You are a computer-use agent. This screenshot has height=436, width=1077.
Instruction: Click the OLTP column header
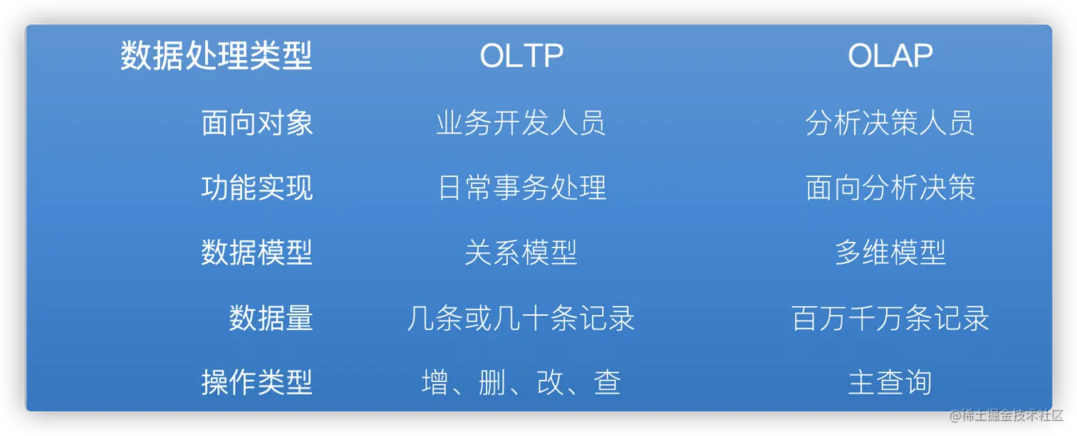click(521, 55)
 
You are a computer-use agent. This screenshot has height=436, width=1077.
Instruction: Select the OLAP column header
click(890, 55)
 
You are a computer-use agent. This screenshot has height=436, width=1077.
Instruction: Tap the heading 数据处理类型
click(217, 55)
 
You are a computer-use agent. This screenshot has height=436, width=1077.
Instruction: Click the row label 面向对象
click(257, 123)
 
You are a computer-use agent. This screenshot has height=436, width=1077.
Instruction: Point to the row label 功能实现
click(257, 187)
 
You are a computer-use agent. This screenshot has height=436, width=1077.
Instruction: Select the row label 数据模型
click(257, 252)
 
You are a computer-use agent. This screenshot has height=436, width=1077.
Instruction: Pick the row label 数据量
click(271, 317)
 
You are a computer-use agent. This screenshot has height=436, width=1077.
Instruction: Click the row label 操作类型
click(257, 382)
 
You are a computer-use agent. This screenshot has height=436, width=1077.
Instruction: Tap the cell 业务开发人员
click(521, 123)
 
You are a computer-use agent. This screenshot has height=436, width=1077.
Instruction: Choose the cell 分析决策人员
click(890, 123)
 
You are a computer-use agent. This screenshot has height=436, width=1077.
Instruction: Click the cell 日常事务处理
click(521, 187)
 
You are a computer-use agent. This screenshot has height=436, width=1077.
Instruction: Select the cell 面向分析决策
click(890, 187)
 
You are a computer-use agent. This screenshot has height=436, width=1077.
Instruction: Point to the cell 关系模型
click(521, 252)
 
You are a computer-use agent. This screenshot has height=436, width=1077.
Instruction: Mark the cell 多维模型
click(890, 252)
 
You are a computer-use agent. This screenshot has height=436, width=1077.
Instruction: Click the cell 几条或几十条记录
click(521, 317)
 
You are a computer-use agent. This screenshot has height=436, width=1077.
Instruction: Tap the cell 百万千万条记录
click(890, 317)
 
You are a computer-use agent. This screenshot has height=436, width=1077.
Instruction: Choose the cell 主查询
click(890, 382)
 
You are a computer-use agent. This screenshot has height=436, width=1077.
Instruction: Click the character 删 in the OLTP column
click(492, 382)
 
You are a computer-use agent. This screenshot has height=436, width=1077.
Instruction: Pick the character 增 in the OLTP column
click(435, 382)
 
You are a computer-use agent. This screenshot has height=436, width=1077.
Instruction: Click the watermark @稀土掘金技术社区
click(1006, 415)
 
